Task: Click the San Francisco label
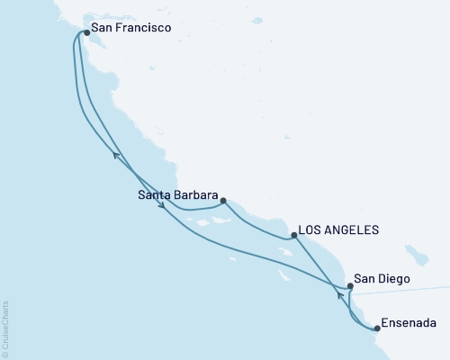tap(130, 29)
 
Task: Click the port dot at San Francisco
tap(86, 33)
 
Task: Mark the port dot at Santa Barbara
tap(223, 202)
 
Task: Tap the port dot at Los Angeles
tap(294, 235)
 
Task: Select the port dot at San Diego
tap(350, 285)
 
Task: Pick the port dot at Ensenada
tap(377, 328)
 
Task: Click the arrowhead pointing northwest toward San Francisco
tap(115, 156)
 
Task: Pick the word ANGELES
tap(354, 230)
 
